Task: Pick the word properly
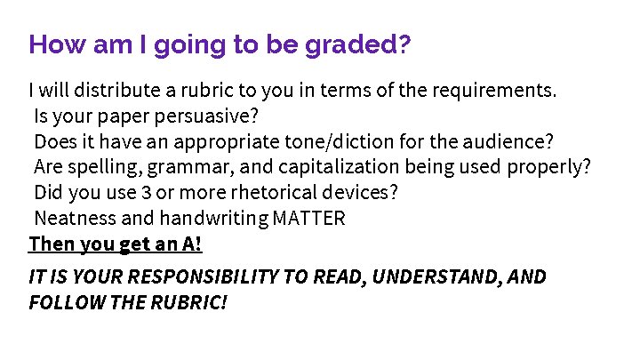click(x=549, y=167)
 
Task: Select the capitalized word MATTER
click(x=308, y=219)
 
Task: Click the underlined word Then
click(x=48, y=244)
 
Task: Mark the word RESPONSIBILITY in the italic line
click(x=193, y=276)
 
